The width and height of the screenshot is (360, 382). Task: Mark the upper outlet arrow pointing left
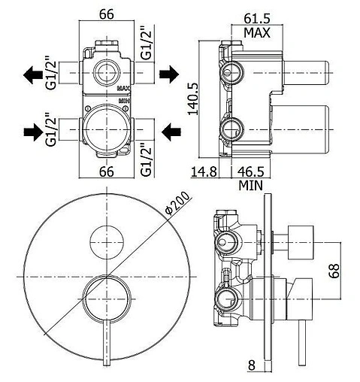tap(34, 74)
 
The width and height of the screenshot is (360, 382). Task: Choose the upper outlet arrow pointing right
tap(169, 74)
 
